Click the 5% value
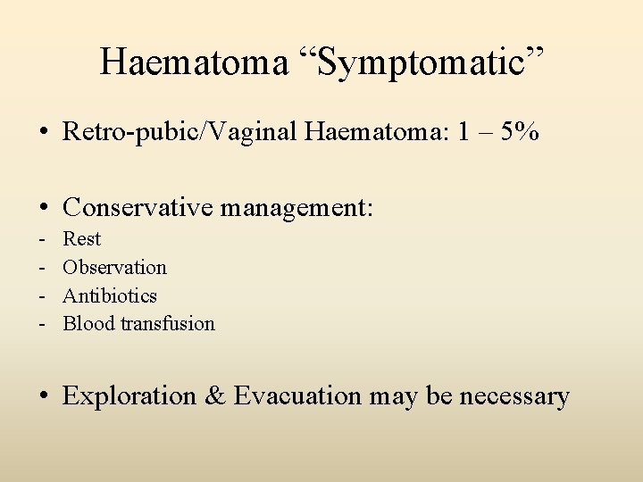[520, 133]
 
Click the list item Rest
[81, 239]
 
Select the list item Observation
[114, 267]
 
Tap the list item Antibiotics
[109, 295]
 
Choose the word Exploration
[129, 395]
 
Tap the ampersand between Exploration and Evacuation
[214, 395]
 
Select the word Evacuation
[297, 395]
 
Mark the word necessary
[514, 395]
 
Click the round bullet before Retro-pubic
[43, 134]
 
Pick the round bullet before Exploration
[43, 396]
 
